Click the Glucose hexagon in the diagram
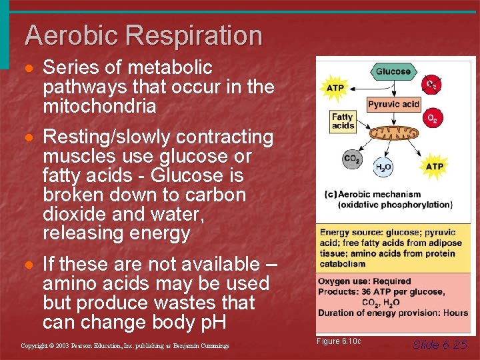click(393, 71)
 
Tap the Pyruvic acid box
click(393, 104)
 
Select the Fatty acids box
click(343, 121)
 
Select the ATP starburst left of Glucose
click(335, 87)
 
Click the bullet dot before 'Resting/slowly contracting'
click(31, 137)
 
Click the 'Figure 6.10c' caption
click(339, 341)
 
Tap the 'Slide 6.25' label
click(440, 344)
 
